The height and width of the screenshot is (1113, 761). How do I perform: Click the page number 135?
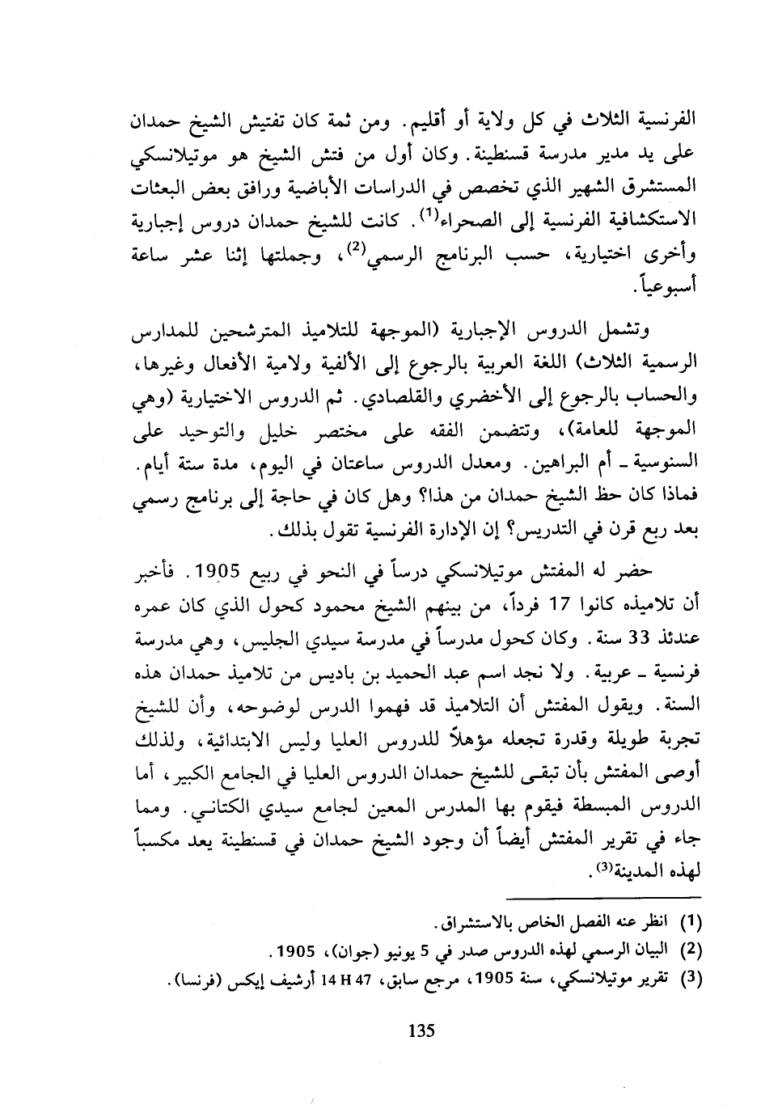(422, 1030)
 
